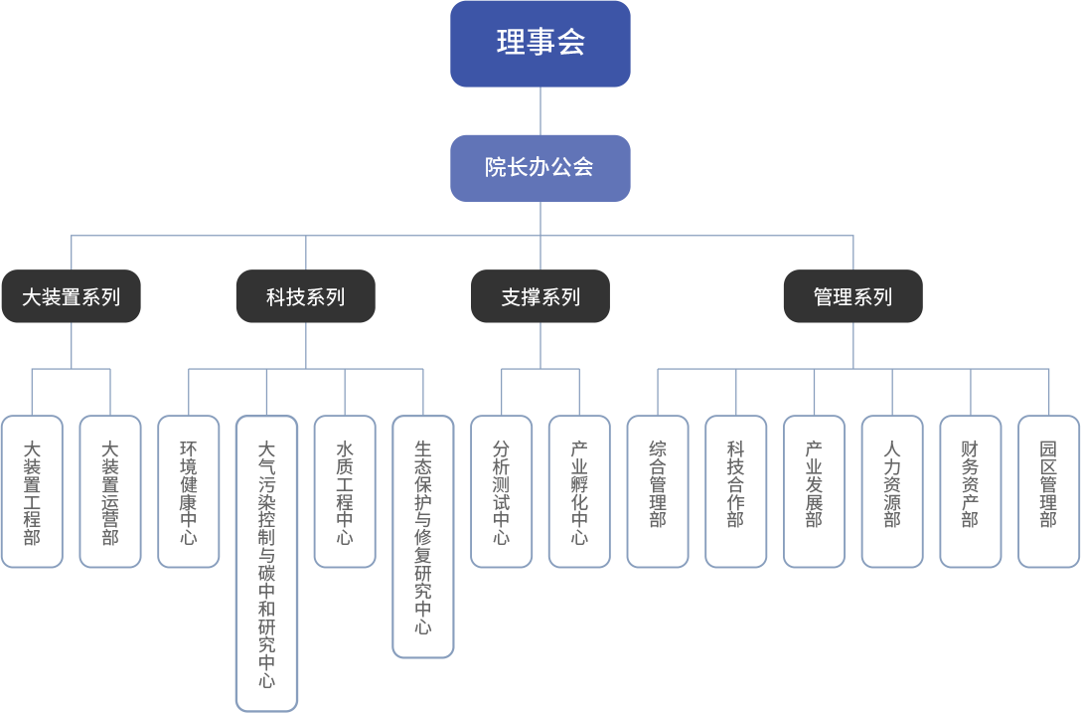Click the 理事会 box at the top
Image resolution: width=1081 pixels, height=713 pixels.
540,43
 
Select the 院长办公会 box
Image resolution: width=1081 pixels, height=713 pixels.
540,167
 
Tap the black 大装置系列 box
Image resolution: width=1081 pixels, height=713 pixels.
71,296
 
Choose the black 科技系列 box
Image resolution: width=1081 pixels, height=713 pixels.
305,296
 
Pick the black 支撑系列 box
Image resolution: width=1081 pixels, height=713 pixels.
540,296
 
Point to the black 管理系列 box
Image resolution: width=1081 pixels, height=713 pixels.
852,296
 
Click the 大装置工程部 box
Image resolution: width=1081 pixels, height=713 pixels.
32,491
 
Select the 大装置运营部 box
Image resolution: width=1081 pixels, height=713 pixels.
109,491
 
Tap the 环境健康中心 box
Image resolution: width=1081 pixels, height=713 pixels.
188,491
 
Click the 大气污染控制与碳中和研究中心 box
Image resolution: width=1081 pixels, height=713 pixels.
266,563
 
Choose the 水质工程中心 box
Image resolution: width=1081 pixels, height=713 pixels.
345,491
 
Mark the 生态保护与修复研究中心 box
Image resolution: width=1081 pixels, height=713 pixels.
423,536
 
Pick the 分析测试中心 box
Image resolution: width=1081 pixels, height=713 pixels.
501,491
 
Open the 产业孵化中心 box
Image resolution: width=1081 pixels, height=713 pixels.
579,491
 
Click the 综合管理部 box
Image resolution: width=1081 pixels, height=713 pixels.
658,491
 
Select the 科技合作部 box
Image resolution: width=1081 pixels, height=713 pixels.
735,491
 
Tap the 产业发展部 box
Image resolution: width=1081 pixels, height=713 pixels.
814,491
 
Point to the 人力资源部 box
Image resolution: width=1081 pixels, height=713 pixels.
892,491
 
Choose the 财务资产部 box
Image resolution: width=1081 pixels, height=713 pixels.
970,491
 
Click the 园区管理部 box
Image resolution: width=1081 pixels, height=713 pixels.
1048,491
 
